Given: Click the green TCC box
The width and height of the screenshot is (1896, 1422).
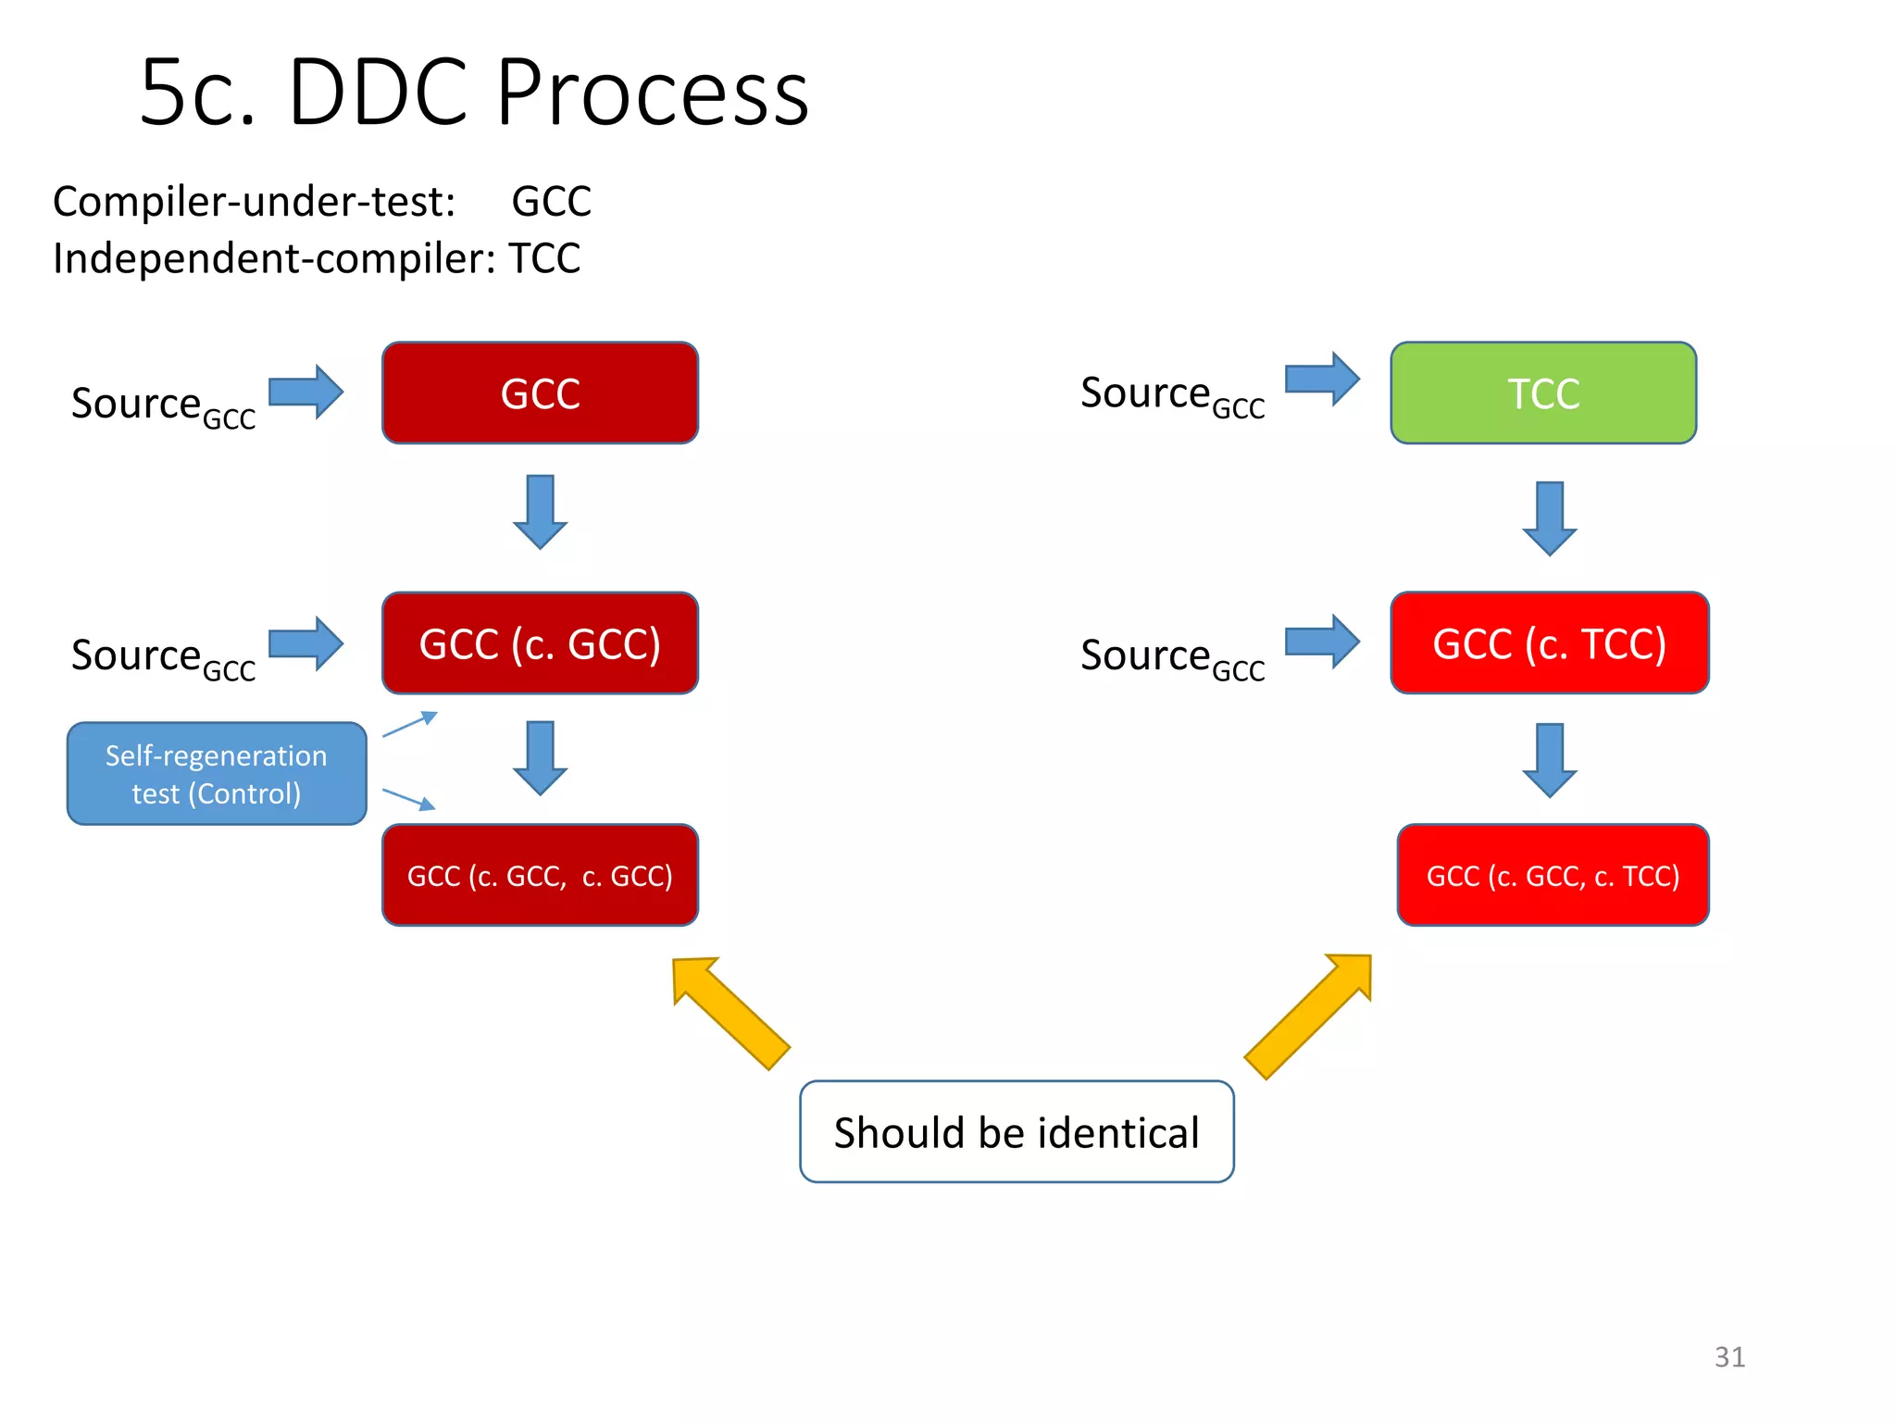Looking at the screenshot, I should click(x=1543, y=393).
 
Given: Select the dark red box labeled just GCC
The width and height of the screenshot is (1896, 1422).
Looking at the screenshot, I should click(x=540, y=393).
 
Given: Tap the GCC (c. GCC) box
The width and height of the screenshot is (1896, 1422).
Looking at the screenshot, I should click(x=540, y=643).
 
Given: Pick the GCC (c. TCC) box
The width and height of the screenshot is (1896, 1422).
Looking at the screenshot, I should click(x=1549, y=643).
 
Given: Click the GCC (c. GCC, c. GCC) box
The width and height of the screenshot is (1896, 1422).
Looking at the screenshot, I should click(x=540, y=875).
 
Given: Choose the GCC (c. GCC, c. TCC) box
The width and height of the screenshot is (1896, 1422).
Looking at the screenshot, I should click(x=1553, y=875).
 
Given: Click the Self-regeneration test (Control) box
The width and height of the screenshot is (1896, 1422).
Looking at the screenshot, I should click(x=217, y=774).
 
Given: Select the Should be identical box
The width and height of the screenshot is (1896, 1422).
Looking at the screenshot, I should click(x=1017, y=1131).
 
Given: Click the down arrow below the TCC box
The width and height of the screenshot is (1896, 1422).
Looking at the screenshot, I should click(x=1549, y=518).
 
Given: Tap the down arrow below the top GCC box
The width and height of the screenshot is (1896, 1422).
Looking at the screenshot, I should click(x=540, y=512).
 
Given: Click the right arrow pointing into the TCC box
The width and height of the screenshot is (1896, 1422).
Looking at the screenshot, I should click(x=1322, y=379).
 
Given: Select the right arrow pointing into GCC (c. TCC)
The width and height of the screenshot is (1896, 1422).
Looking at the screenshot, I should click(x=1322, y=641).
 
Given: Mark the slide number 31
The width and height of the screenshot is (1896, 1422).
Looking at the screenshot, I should click(x=1729, y=1357).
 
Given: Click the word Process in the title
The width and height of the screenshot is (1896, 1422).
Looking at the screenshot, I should click(x=653, y=93).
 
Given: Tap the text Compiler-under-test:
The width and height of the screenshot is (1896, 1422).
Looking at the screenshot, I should click(x=254, y=202).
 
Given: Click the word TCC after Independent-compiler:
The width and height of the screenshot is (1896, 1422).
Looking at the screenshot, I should click(x=544, y=258).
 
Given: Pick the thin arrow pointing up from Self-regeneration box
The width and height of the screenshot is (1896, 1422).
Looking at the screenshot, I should click(x=409, y=724).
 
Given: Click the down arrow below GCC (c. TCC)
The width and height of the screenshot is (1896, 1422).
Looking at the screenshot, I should click(x=1549, y=759).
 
